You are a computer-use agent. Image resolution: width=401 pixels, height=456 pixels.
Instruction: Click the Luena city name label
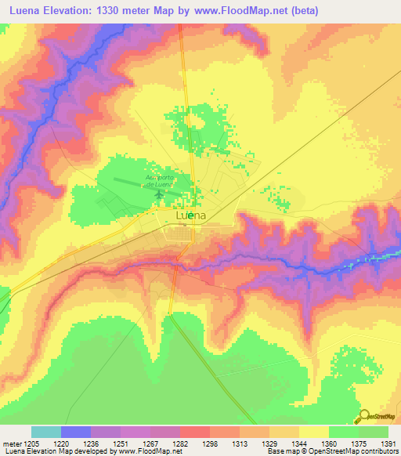pyautogui.click(x=191, y=215)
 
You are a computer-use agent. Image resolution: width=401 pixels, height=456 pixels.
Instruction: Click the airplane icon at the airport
pyautogui.click(x=159, y=194)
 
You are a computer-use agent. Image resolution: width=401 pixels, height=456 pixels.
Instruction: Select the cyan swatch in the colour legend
pyautogui.click(x=45, y=432)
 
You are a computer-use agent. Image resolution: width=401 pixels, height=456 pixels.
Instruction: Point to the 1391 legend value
pyautogui.click(x=388, y=443)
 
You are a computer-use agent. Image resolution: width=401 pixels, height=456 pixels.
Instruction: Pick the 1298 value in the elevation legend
pyautogui.click(x=210, y=443)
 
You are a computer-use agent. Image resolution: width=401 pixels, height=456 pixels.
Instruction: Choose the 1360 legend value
pyautogui.click(x=329, y=443)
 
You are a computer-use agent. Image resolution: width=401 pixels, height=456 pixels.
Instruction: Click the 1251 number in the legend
pyautogui.click(x=121, y=443)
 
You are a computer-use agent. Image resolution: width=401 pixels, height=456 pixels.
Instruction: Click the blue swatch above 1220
pyautogui.click(x=75, y=432)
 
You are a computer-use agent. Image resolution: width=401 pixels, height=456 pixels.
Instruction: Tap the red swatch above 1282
pyautogui.click(x=194, y=432)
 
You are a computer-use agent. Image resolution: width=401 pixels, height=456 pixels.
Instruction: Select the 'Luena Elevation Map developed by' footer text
pyautogui.click(x=54, y=451)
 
